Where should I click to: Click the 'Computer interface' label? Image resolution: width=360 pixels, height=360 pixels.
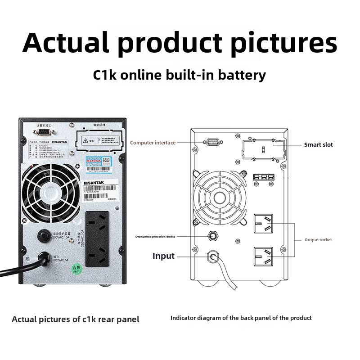(x=153, y=143)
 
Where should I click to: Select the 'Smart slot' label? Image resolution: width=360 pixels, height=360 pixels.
(x=319, y=144)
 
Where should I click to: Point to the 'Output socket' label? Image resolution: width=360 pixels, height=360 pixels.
(x=318, y=240)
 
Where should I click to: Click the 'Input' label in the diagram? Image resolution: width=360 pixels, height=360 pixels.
(x=163, y=256)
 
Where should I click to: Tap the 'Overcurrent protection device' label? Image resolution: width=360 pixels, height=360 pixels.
(x=155, y=236)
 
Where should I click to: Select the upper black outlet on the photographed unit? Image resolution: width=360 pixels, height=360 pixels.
(x=97, y=225)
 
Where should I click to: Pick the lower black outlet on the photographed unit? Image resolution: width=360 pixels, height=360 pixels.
(x=97, y=258)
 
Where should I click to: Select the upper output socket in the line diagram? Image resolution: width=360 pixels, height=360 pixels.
(x=263, y=224)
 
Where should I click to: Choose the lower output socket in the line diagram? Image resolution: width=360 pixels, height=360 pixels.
(x=263, y=258)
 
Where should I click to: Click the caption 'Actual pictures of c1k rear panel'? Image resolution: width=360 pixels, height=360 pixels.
(x=76, y=319)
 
